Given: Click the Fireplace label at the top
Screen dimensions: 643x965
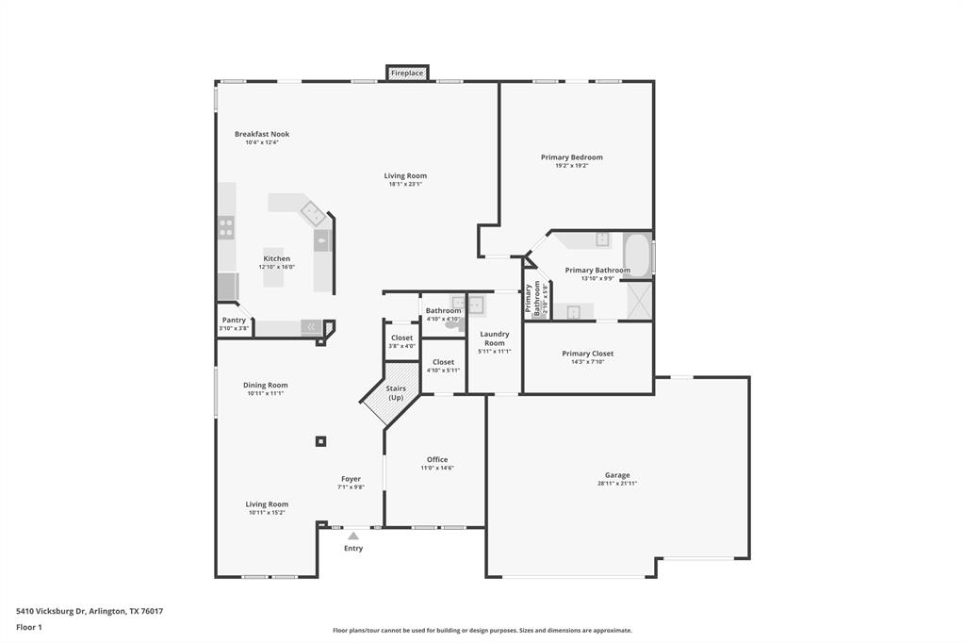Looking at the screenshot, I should (407, 73).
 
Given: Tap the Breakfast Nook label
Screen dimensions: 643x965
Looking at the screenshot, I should (262, 134).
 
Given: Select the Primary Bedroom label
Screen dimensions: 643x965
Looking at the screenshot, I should (571, 157).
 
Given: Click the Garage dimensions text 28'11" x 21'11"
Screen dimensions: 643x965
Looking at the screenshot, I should (617, 484).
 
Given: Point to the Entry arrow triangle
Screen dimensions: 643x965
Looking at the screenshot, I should (353, 536).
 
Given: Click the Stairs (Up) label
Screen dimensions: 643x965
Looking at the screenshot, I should (396, 393).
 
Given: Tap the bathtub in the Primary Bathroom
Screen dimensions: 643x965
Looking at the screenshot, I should (637, 255).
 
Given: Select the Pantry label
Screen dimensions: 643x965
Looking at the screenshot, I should (234, 321).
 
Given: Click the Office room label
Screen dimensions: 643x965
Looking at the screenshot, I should (437, 460).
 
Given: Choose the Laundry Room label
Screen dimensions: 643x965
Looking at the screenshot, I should (495, 338).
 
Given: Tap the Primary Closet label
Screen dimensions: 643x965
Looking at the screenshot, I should (588, 354).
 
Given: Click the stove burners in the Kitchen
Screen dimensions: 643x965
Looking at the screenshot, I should (226, 227).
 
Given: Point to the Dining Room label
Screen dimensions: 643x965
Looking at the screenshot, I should (266, 385).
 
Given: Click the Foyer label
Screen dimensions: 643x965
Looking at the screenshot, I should (351, 479).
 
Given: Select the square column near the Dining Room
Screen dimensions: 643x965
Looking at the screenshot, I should (321, 440).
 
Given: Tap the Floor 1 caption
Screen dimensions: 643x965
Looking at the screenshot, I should (29, 627).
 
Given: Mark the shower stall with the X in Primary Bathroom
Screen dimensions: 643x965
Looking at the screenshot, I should (639, 301).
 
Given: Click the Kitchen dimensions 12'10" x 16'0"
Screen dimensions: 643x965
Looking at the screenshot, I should (277, 267).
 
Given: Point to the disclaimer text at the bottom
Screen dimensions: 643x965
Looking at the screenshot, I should (482, 631).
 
